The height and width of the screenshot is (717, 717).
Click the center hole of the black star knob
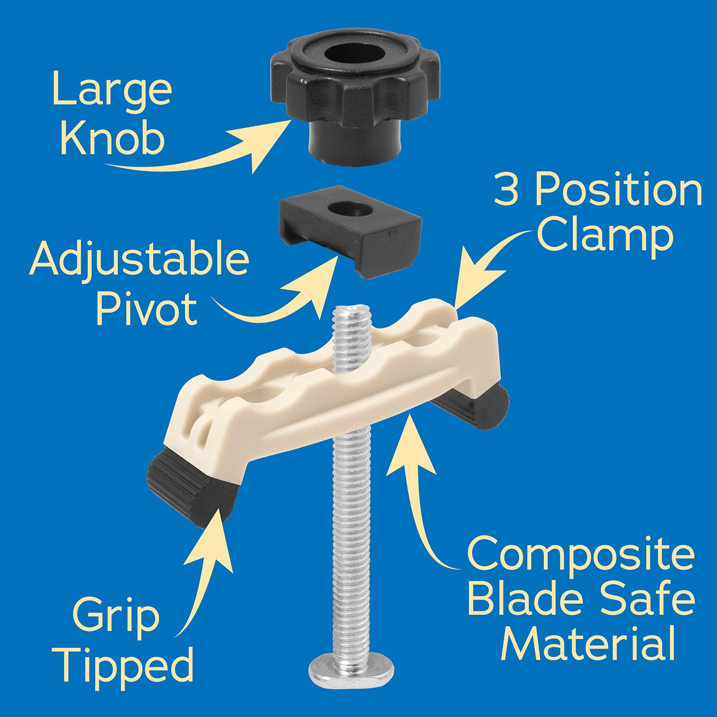pyautogui.click(x=354, y=56)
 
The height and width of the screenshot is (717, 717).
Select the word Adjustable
pyautogui.click(x=139, y=260)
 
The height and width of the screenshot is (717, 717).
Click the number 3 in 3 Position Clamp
pyautogui.click(x=506, y=190)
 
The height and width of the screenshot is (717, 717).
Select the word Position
pyautogui.click(x=618, y=190)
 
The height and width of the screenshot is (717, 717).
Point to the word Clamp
pyautogui.click(x=604, y=236)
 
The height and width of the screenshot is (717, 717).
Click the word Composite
pyautogui.click(x=581, y=556)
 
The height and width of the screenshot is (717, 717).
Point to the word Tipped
pyautogui.click(x=126, y=665)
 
